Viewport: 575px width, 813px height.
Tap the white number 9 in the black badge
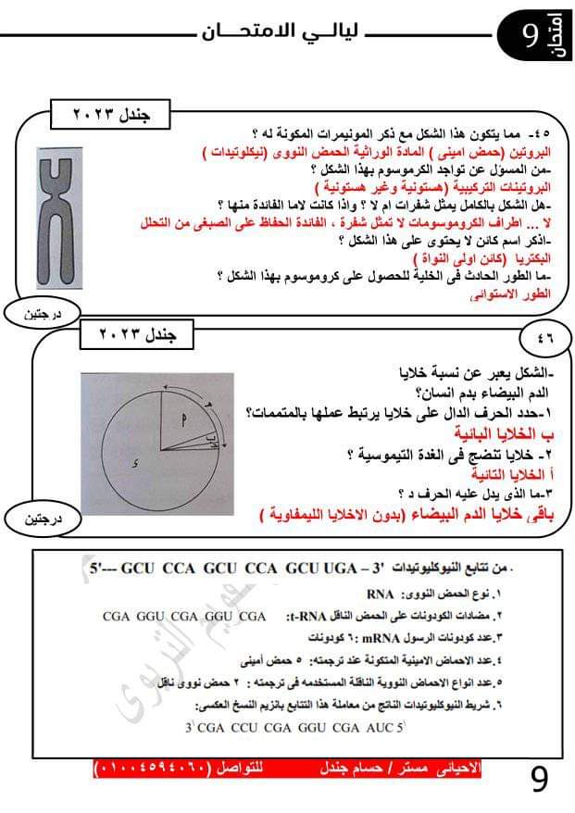(x=530, y=35)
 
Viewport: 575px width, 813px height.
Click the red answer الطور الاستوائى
(x=523, y=294)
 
